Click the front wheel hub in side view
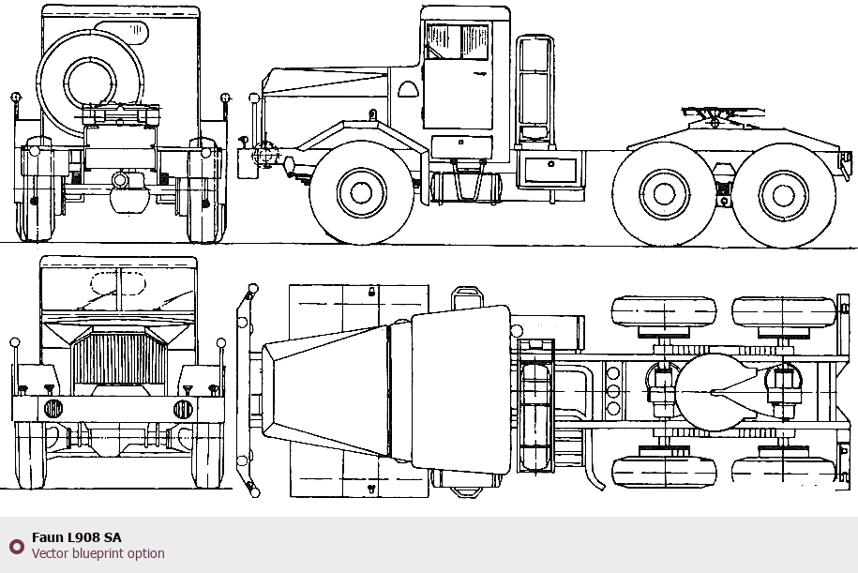pyautogui.click(x=361, y=193)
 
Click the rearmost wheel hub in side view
pyautogui.click(x=784, y=195)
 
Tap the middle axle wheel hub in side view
pyautogui.click(x=664, y=195)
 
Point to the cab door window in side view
pyautogui.click(x=458, y=41)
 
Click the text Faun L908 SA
pyautogui.click(x=76, y=537)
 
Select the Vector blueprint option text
pyautogui.click(x=98, y=553)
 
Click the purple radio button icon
pyautogui.click(x=16, y=546)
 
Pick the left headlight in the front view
pyautogui.click(x=53, y=409)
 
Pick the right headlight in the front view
pyautogui.click(x=183, y=409)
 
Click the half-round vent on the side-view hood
pyautogui.click(x=408, y=90)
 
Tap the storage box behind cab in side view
pyautogui.click(x=550, y=170)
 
